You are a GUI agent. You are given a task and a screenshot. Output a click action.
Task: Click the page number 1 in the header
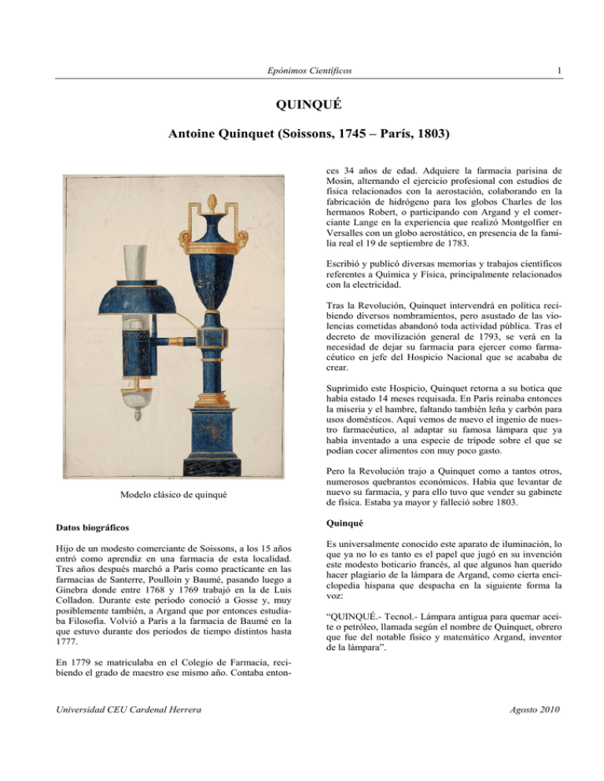tap(556, 70)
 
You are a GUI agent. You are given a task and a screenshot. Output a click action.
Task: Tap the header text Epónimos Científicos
tap(301, 70)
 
